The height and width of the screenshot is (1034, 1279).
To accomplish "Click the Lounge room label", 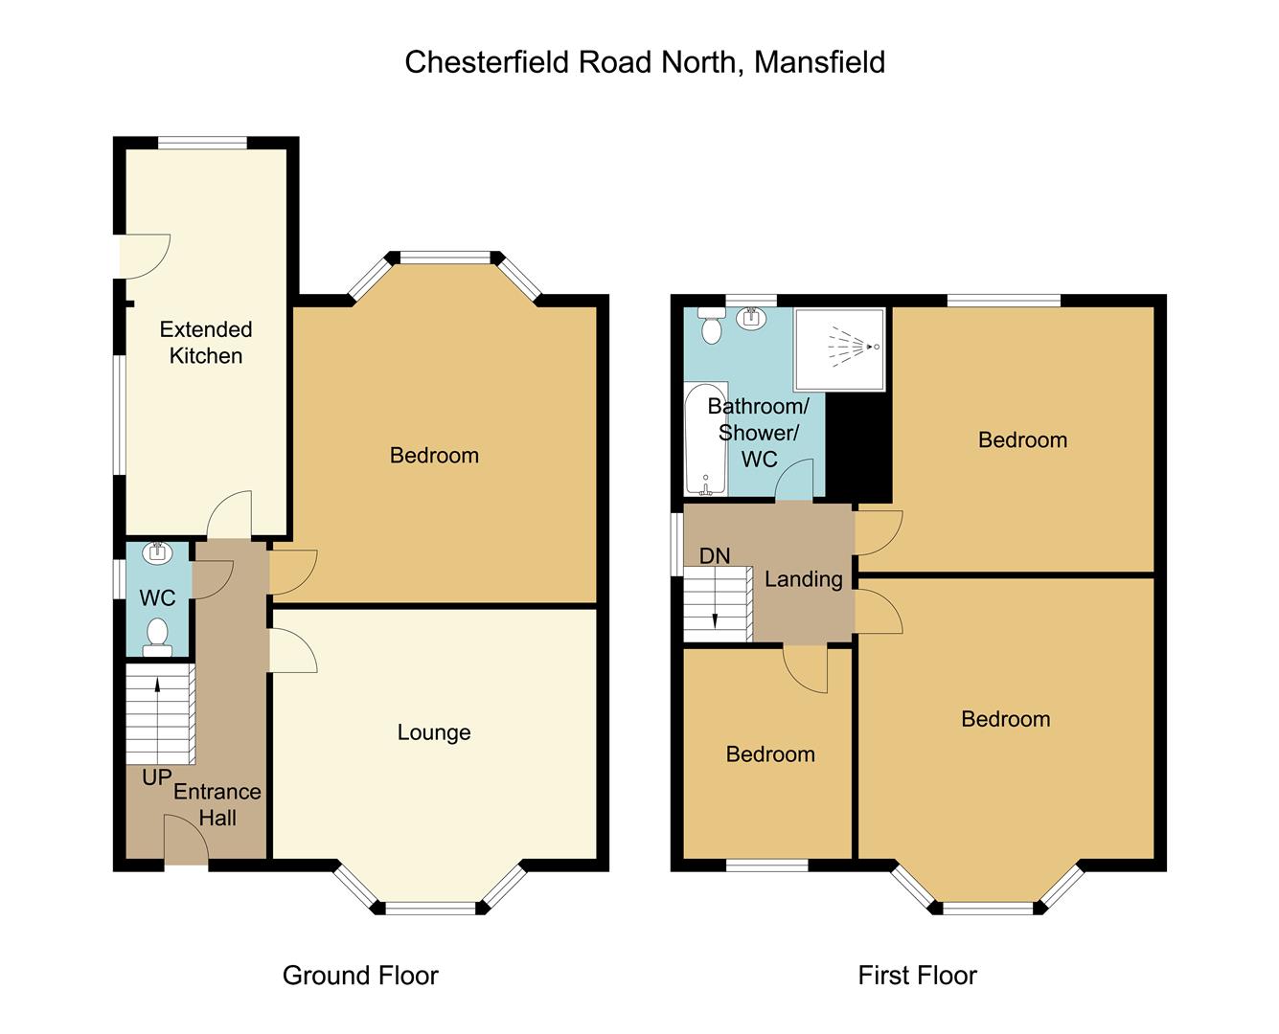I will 434,732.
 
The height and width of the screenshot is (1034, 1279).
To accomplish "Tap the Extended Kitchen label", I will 206,343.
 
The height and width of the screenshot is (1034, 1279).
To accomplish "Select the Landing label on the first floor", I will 803,579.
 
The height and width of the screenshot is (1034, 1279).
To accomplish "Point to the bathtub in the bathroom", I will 705,439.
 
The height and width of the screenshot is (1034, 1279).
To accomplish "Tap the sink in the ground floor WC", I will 156,552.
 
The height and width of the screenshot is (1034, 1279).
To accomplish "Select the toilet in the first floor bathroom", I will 711,326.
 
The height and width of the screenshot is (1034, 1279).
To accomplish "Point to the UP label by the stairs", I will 156,777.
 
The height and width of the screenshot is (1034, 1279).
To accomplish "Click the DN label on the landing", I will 715,556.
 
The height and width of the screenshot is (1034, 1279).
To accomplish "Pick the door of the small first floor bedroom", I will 806,668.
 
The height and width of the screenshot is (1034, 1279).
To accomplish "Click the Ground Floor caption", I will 360,976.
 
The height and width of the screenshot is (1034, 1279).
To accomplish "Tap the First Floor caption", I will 917,976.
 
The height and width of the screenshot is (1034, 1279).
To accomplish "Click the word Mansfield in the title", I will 819,62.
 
